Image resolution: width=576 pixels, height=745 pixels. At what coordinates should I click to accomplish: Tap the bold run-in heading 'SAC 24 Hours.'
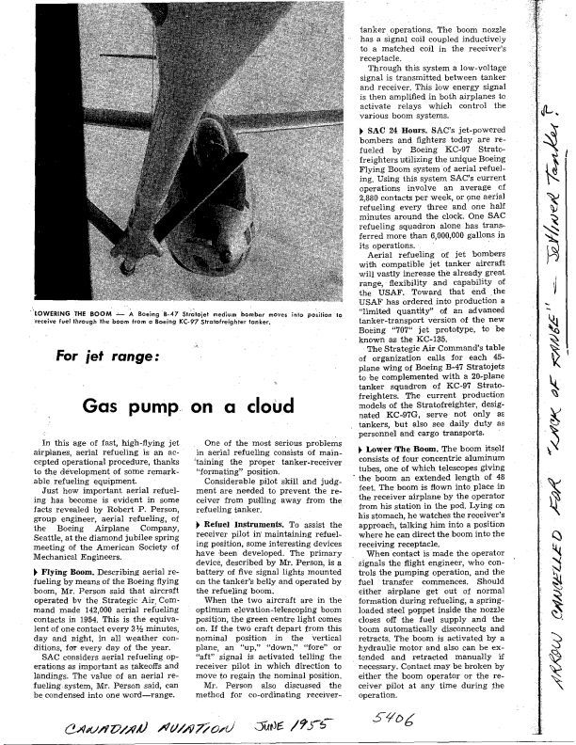[403, 126]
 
